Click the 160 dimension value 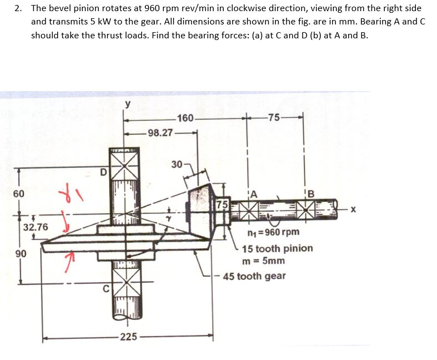pyautogui.click(x=185, y=118)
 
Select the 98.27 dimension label pyautogui.click(x=160, y=133)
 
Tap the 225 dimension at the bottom pyautogui.click(x=128, y=337)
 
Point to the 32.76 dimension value pyautogui.click(x=36, y=227)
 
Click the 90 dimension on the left pyautogui.click(x=20, y=253)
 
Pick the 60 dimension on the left pyautogui.click(x=19, y=193)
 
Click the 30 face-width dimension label pyautogui.click(x=177, y=164)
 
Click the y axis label pyautogui.click(x=128, y=104)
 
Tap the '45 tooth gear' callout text pyautogui.click(x=254, y=276)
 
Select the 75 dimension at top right pyautogui.click(x=274, y=117)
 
